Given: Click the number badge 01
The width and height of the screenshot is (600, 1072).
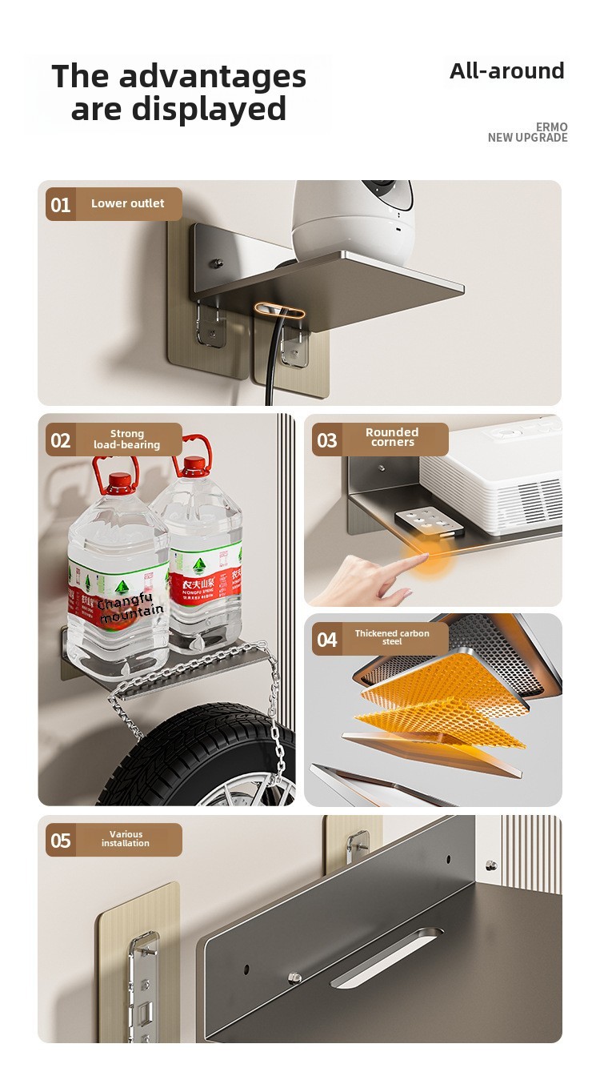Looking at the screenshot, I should pyautogui.click(x=61, y=205).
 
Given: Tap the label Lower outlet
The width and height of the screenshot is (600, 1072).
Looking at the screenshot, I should pyautogui.click(x=127, y=203).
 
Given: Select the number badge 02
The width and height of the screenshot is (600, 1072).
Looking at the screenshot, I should pyautogui.click(x=61, y=440).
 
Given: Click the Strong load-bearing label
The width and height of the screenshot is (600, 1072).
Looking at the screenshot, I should pyautogui.click(x=126, y=440).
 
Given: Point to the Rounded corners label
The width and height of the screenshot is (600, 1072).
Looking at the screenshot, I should pyautogui.click(x=392, y=437).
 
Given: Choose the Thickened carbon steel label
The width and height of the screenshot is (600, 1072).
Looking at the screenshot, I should pyautogui.click(x=392, y=637).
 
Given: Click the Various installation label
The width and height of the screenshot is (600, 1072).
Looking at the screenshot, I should pyautogui.click(x=126, y=839).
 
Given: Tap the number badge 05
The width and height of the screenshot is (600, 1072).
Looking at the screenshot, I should pyautogui.click(x=61, y=841).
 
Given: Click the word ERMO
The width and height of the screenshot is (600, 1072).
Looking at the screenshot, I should pyautogui.click(x=551, y=127).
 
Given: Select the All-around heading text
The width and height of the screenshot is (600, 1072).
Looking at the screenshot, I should pyautogui.click(x=506, y=71).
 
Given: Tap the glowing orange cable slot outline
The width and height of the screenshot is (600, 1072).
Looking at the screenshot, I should pyautogui.click(x=279, y=310).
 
